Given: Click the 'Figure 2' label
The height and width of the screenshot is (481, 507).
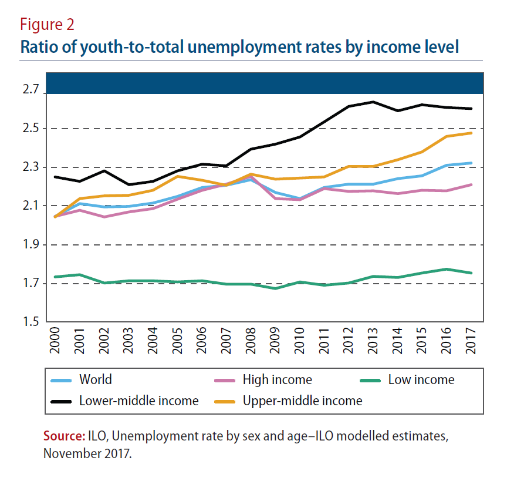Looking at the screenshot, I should [x=47, y=25].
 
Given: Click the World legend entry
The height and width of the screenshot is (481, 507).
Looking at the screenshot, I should [x=95, y=380].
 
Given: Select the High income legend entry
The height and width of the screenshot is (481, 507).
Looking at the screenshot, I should [x=277, y=380].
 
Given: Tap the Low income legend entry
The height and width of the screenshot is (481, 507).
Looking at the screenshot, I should [x=421, y=380].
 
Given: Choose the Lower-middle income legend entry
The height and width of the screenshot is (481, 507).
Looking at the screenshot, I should [x=138, y=401].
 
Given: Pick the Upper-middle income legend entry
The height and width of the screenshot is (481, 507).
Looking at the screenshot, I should [x=302, y=401].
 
